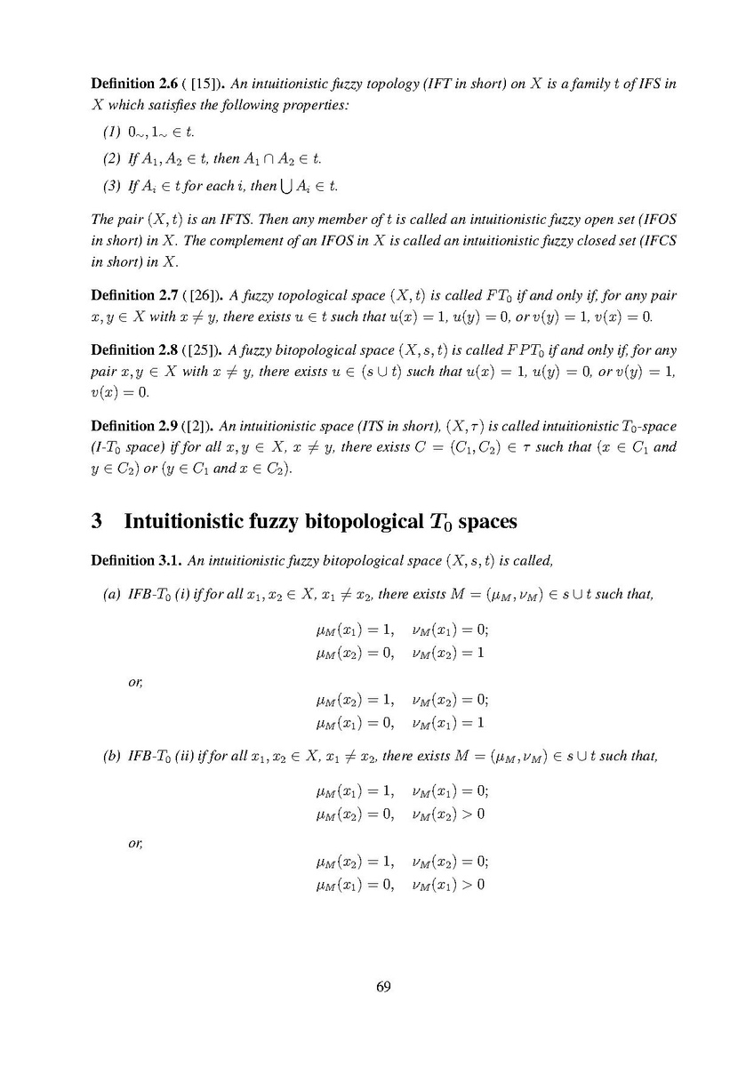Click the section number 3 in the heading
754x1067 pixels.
coord(97,520)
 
